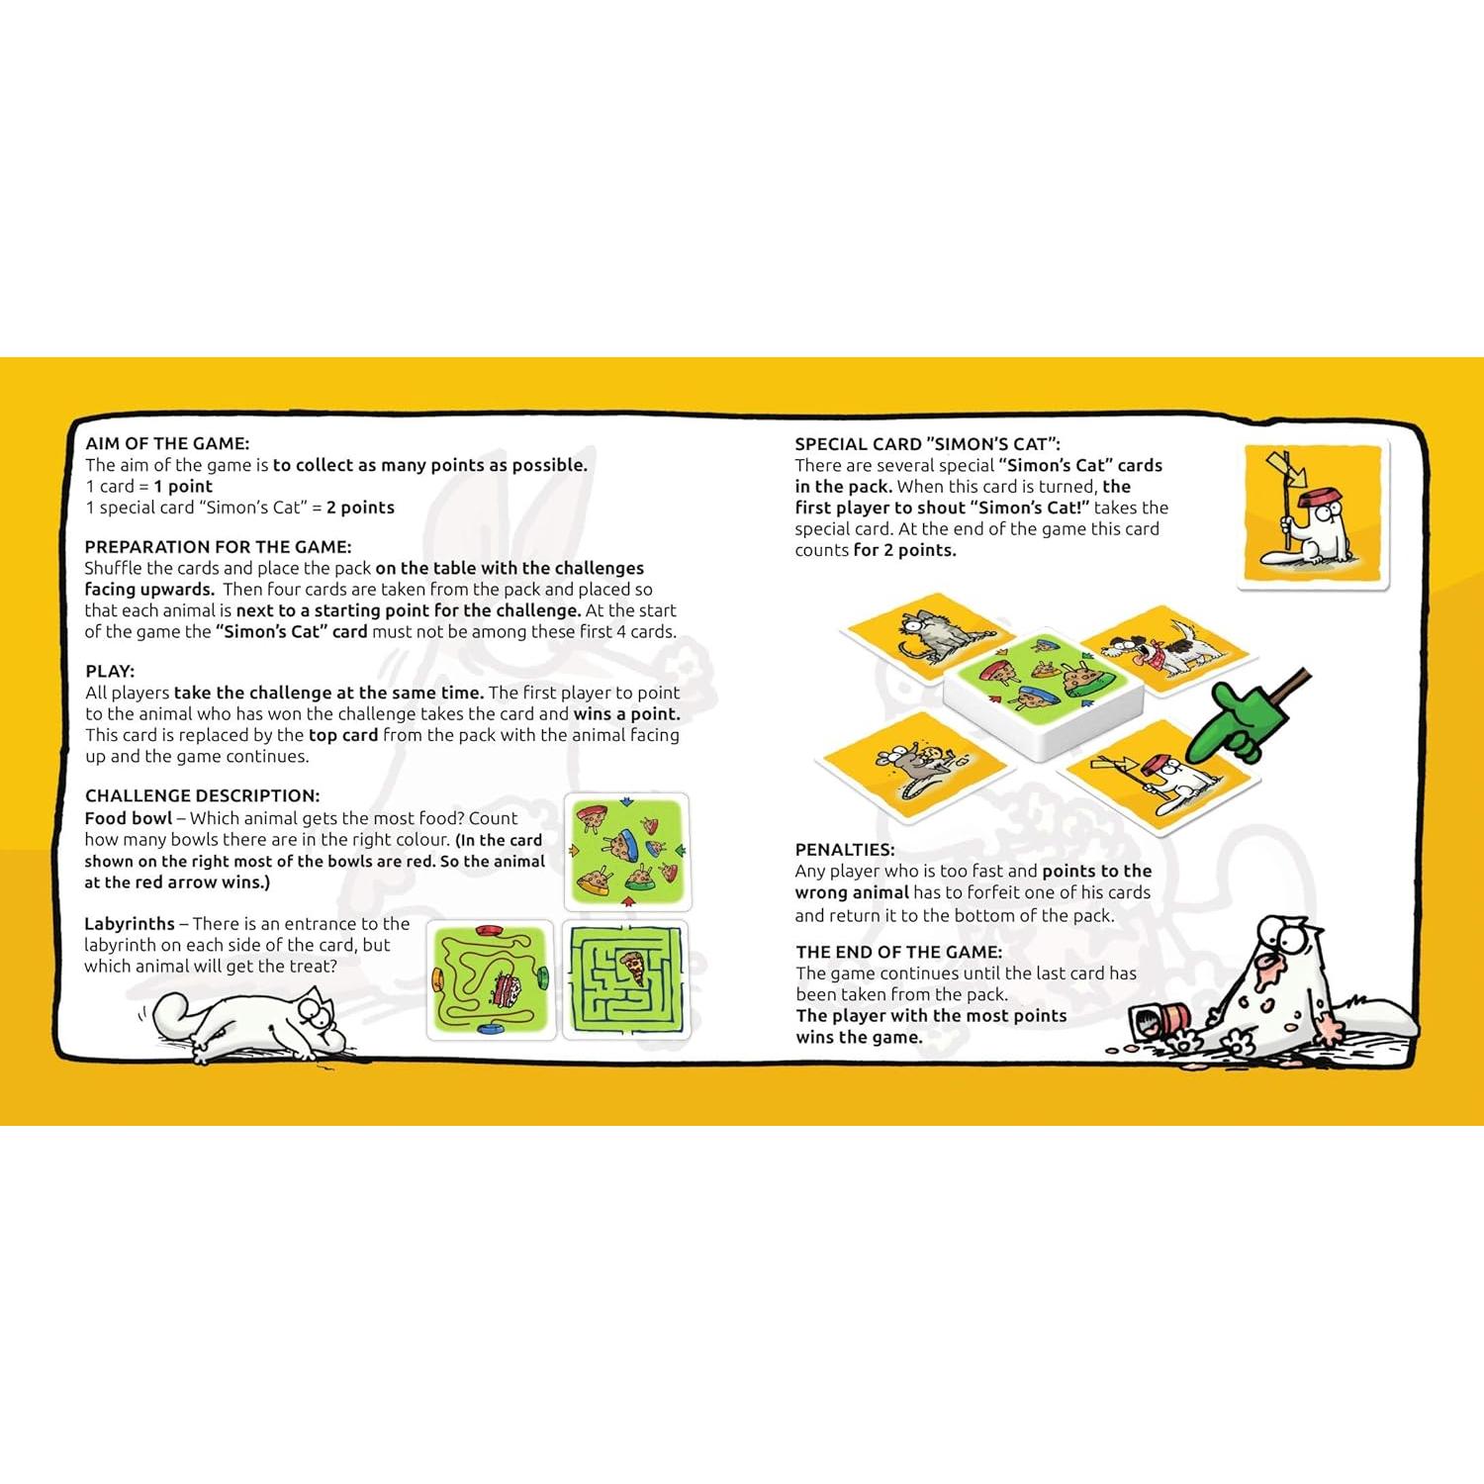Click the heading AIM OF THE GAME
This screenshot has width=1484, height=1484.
coord(167,443)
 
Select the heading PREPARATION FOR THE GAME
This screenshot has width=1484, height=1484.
coord(218,546)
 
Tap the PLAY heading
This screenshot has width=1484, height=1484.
coord(110,671)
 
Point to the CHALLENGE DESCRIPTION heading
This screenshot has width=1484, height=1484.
coord(202,795)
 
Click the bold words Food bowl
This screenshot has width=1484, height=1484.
coord(129,818)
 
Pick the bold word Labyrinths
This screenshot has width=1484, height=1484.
coord(130,923)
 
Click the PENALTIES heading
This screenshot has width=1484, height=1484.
coord(845,849)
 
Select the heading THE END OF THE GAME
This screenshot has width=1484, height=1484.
coord(898,952)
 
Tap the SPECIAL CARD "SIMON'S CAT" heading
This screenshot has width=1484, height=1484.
coord(927,444)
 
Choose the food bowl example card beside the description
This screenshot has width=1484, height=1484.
coord(626,852)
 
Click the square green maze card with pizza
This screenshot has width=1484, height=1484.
coord(626,978)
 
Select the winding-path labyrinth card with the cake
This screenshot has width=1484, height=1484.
coord(491,978)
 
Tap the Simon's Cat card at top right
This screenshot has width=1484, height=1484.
coord(1313,515)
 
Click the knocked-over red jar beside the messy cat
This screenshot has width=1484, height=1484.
coord(1159,1019)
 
